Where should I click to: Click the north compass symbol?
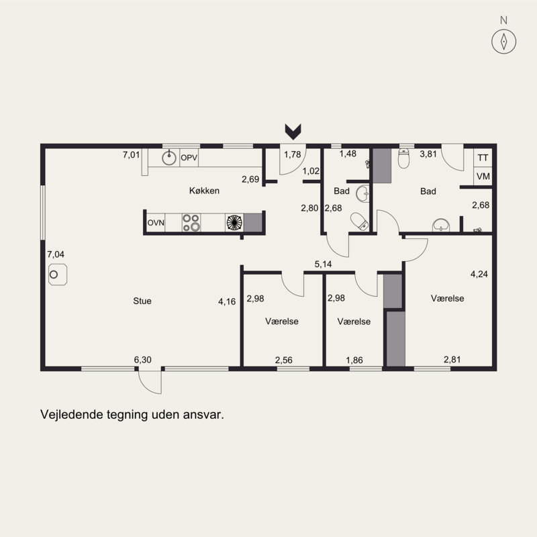pyautogui.click(x=503, y=42)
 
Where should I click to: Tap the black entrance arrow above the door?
pyautogui.click(x=293, y=132)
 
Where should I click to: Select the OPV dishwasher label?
pyautogui.click(x=189, y=158)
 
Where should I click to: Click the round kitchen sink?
pyautogui.click(x=169, y=158)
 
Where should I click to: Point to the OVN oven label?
pyautogui.click(x=156, y=223)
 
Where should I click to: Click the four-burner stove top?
pyautogui.click(x=191, y=223)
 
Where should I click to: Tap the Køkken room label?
pyautogui.click(x=204, y=191)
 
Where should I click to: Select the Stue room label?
pyautogui.click(x=142, y=301)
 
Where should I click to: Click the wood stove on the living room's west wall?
pyautogui.click(x=58, y=275)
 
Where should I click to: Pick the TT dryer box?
pyautogui.click(x=483, y=158)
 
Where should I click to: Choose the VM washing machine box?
pyautogui.click(x=483, y=177)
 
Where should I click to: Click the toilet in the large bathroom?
pyautogui.click(x=404, y=158)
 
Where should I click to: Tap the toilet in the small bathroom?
pyautogui.click(x=359, y=221)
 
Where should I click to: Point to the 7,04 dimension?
pyautogui.click(x=56, y=254)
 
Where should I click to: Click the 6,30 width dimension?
pyautogui.click(x=142, y=360)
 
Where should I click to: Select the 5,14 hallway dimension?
pyautogui.click(x=324, y=264)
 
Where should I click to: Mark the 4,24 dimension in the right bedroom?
pyautogui.click(x=479, y=274)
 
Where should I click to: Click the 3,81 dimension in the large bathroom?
pyautogui.click(x=428, y=154)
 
